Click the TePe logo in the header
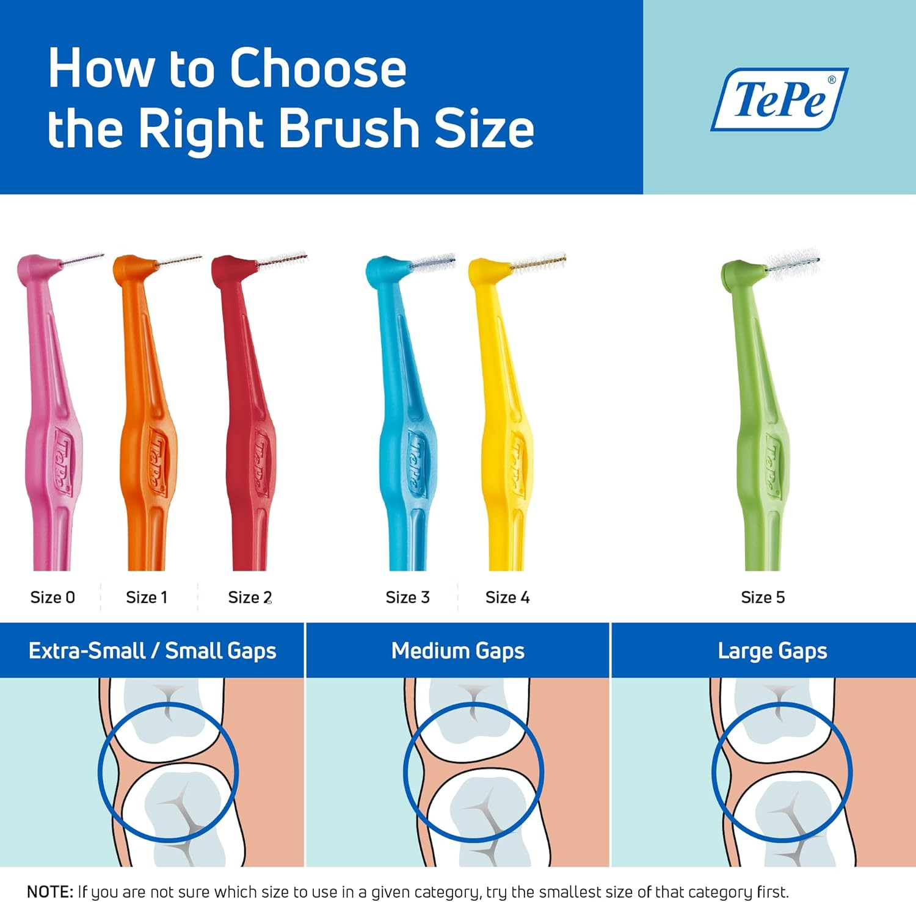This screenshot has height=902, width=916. click(779, 99)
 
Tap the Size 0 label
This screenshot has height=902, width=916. click(53, 597)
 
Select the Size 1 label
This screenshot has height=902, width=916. click(147, 597)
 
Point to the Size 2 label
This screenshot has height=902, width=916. click(250, 597)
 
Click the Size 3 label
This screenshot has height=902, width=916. click(407, 597)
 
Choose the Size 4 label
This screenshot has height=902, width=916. click(507, 597)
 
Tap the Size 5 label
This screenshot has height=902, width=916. click(763, 597)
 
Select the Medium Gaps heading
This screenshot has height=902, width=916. click(458, 651)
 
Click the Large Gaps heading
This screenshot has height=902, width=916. click(772, 651)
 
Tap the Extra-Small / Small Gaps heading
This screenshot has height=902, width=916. click(152, 651)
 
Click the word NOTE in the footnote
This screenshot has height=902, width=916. click(50, 892)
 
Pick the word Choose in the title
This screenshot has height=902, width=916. click(318, 68)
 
